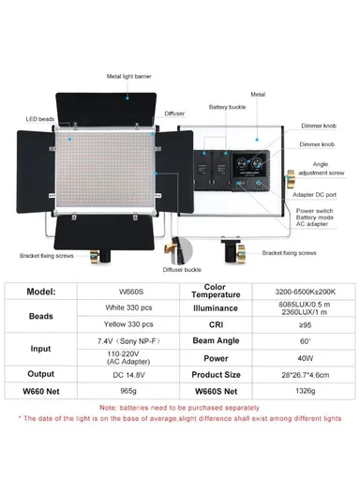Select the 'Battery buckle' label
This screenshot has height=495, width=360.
[228, 108]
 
